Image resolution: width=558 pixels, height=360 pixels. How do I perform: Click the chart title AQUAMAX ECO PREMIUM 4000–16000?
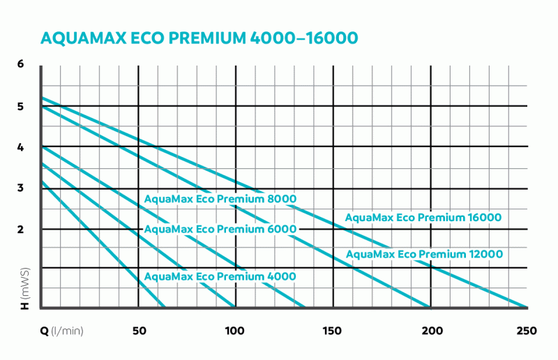201,37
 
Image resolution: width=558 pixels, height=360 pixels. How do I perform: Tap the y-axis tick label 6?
22,64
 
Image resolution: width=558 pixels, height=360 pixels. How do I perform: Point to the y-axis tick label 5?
22,107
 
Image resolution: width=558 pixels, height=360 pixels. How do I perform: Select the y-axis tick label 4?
22,147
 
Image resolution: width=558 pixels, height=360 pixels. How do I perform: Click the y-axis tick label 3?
22,188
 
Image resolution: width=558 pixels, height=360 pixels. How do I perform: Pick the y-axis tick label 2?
22,229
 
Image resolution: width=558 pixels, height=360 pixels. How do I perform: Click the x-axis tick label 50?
138,330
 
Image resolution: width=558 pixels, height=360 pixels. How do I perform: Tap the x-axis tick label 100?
235,330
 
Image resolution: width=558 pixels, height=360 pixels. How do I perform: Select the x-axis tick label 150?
333,330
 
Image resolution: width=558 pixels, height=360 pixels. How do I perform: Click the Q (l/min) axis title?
62,330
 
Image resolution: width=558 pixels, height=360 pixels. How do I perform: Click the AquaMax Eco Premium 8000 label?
220,199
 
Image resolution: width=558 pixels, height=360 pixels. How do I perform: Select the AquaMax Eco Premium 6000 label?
220,229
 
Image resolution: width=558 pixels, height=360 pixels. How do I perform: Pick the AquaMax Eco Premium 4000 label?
220,276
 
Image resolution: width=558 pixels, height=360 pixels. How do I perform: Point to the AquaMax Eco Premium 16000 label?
423,218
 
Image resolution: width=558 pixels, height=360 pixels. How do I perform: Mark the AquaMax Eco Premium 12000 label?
424,254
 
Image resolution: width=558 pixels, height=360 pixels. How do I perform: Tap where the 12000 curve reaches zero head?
429,307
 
